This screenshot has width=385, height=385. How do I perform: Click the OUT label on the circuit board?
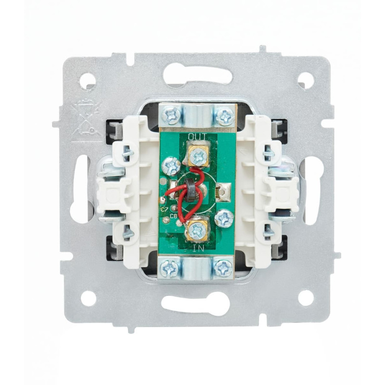click(197, 137)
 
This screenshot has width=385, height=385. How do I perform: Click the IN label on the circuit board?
click(198, 249)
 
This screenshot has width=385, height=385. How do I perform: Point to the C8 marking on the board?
click(174, 216)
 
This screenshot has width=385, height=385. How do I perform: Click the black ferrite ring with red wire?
click(191, 190)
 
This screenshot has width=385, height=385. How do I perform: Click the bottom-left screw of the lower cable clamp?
click(168, 267)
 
